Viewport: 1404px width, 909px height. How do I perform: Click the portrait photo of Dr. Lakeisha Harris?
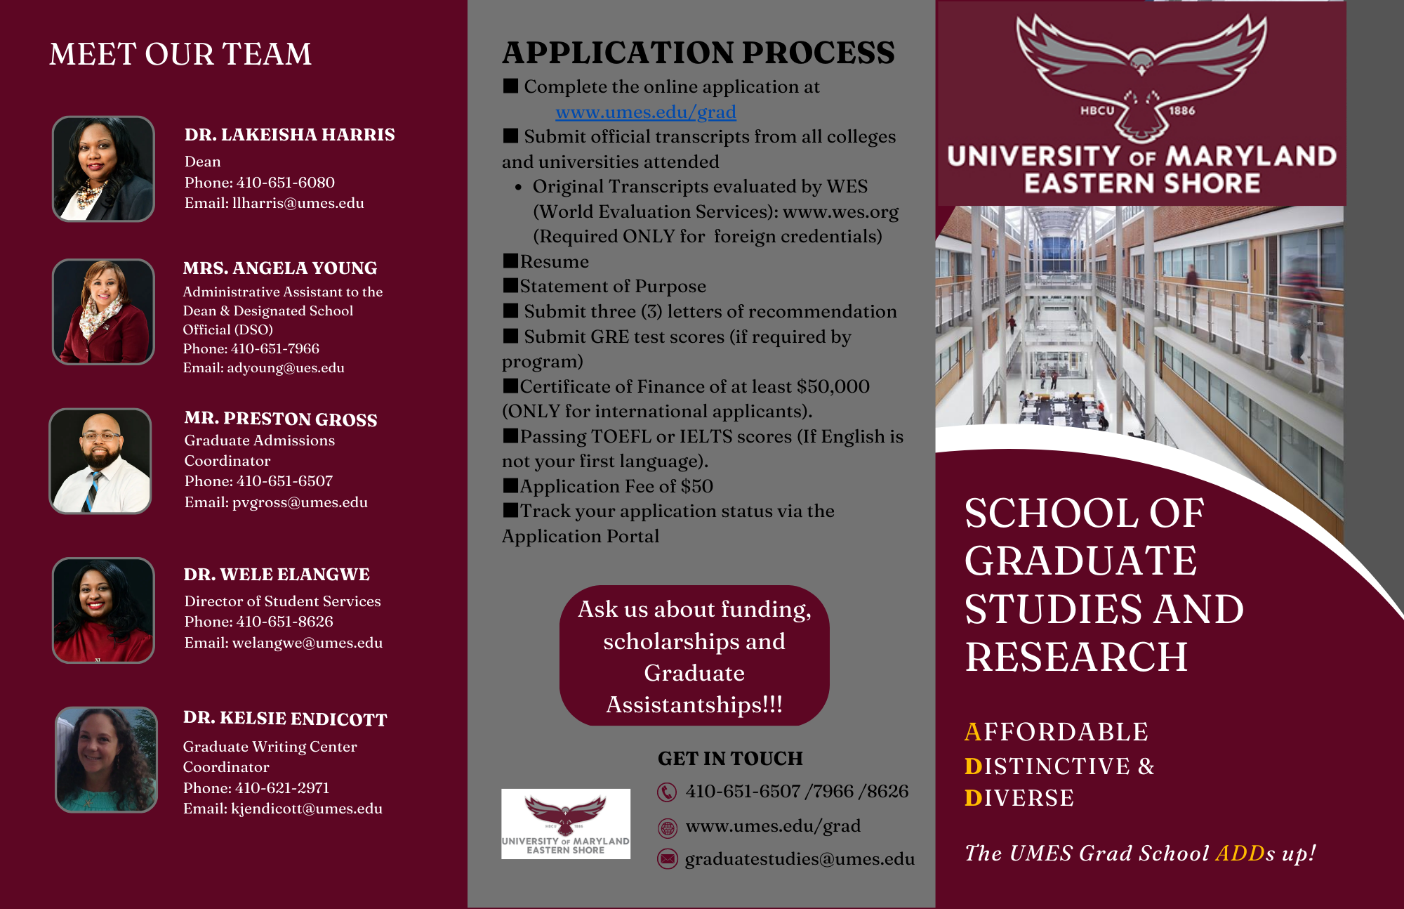pyautogui.click(x=103, y=169)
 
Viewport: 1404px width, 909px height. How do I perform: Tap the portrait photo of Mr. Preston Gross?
pyautogui.click(x=100, y=461)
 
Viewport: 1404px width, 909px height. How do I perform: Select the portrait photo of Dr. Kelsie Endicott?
pyautogui.click(x=106, y=759)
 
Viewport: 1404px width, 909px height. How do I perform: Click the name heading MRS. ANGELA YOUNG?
pyautogui.click(x=279, y=268)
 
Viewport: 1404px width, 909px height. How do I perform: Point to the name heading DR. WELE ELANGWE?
pyautogui.click(x=277, y=575)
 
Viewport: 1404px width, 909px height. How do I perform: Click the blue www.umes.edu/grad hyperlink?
pyautogui.click(x=645, y=112)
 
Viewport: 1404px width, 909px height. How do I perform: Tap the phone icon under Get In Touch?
pyautogui.click(x=666, y=792)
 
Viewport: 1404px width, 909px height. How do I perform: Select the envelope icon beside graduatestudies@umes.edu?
pyautogui.click(x=667, y=858)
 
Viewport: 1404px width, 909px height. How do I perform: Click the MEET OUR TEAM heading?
pyautogui.click(x=180, y=55)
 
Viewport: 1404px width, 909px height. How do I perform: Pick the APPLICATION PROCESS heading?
pyautogui.click(x=698, y=53)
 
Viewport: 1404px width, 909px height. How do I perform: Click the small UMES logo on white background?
pyautogui.click(x=565, y=823)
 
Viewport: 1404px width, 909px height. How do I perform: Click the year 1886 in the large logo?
pyautogui.click(x=1181, y=111)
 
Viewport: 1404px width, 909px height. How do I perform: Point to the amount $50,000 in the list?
pyautogui.click(x=833, y=387)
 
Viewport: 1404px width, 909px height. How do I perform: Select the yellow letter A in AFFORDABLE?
pyautogui.click(x=972, y=732)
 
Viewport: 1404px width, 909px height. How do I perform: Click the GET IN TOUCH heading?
pyautogui.click(x=730, y=759)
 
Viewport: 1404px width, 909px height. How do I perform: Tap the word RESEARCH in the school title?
pyautogui.click(x=1075, y=658)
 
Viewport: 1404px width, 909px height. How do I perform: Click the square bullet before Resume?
pyautogui.click(x=510, y=261)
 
